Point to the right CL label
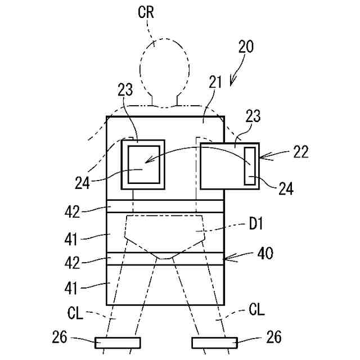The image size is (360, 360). coord(256,309)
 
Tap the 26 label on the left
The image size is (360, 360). coord(60,337)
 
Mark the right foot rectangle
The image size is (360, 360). coord(214,342)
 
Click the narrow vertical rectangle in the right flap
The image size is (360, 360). coord(250,164)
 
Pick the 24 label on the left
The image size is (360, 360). coord(83,182)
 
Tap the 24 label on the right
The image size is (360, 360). coord(286,188)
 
